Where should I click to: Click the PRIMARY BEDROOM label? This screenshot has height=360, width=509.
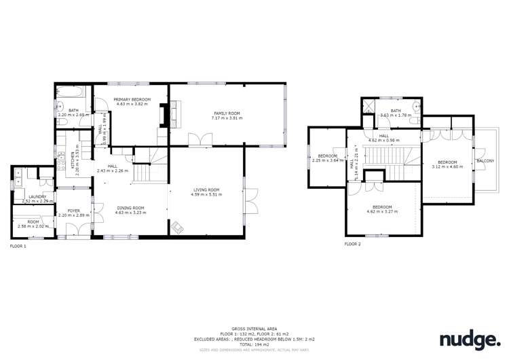[133, 100]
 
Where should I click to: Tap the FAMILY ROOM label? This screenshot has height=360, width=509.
[226, 113]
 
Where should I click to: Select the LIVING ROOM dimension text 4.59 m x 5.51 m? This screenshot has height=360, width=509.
[206, 195]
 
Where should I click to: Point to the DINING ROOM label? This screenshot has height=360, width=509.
[130, 208]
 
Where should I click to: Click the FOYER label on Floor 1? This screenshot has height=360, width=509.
[74, 211]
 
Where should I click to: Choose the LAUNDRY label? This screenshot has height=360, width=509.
[37, 196]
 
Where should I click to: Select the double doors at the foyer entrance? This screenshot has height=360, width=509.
[73, 231]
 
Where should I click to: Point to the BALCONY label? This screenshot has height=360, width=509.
[485, 161]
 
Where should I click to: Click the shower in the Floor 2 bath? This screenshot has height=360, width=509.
[371, 107]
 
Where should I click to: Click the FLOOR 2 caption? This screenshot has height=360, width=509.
[353, 243]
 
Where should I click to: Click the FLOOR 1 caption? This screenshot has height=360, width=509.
[18, 246]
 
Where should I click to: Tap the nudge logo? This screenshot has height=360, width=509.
[470, 339]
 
